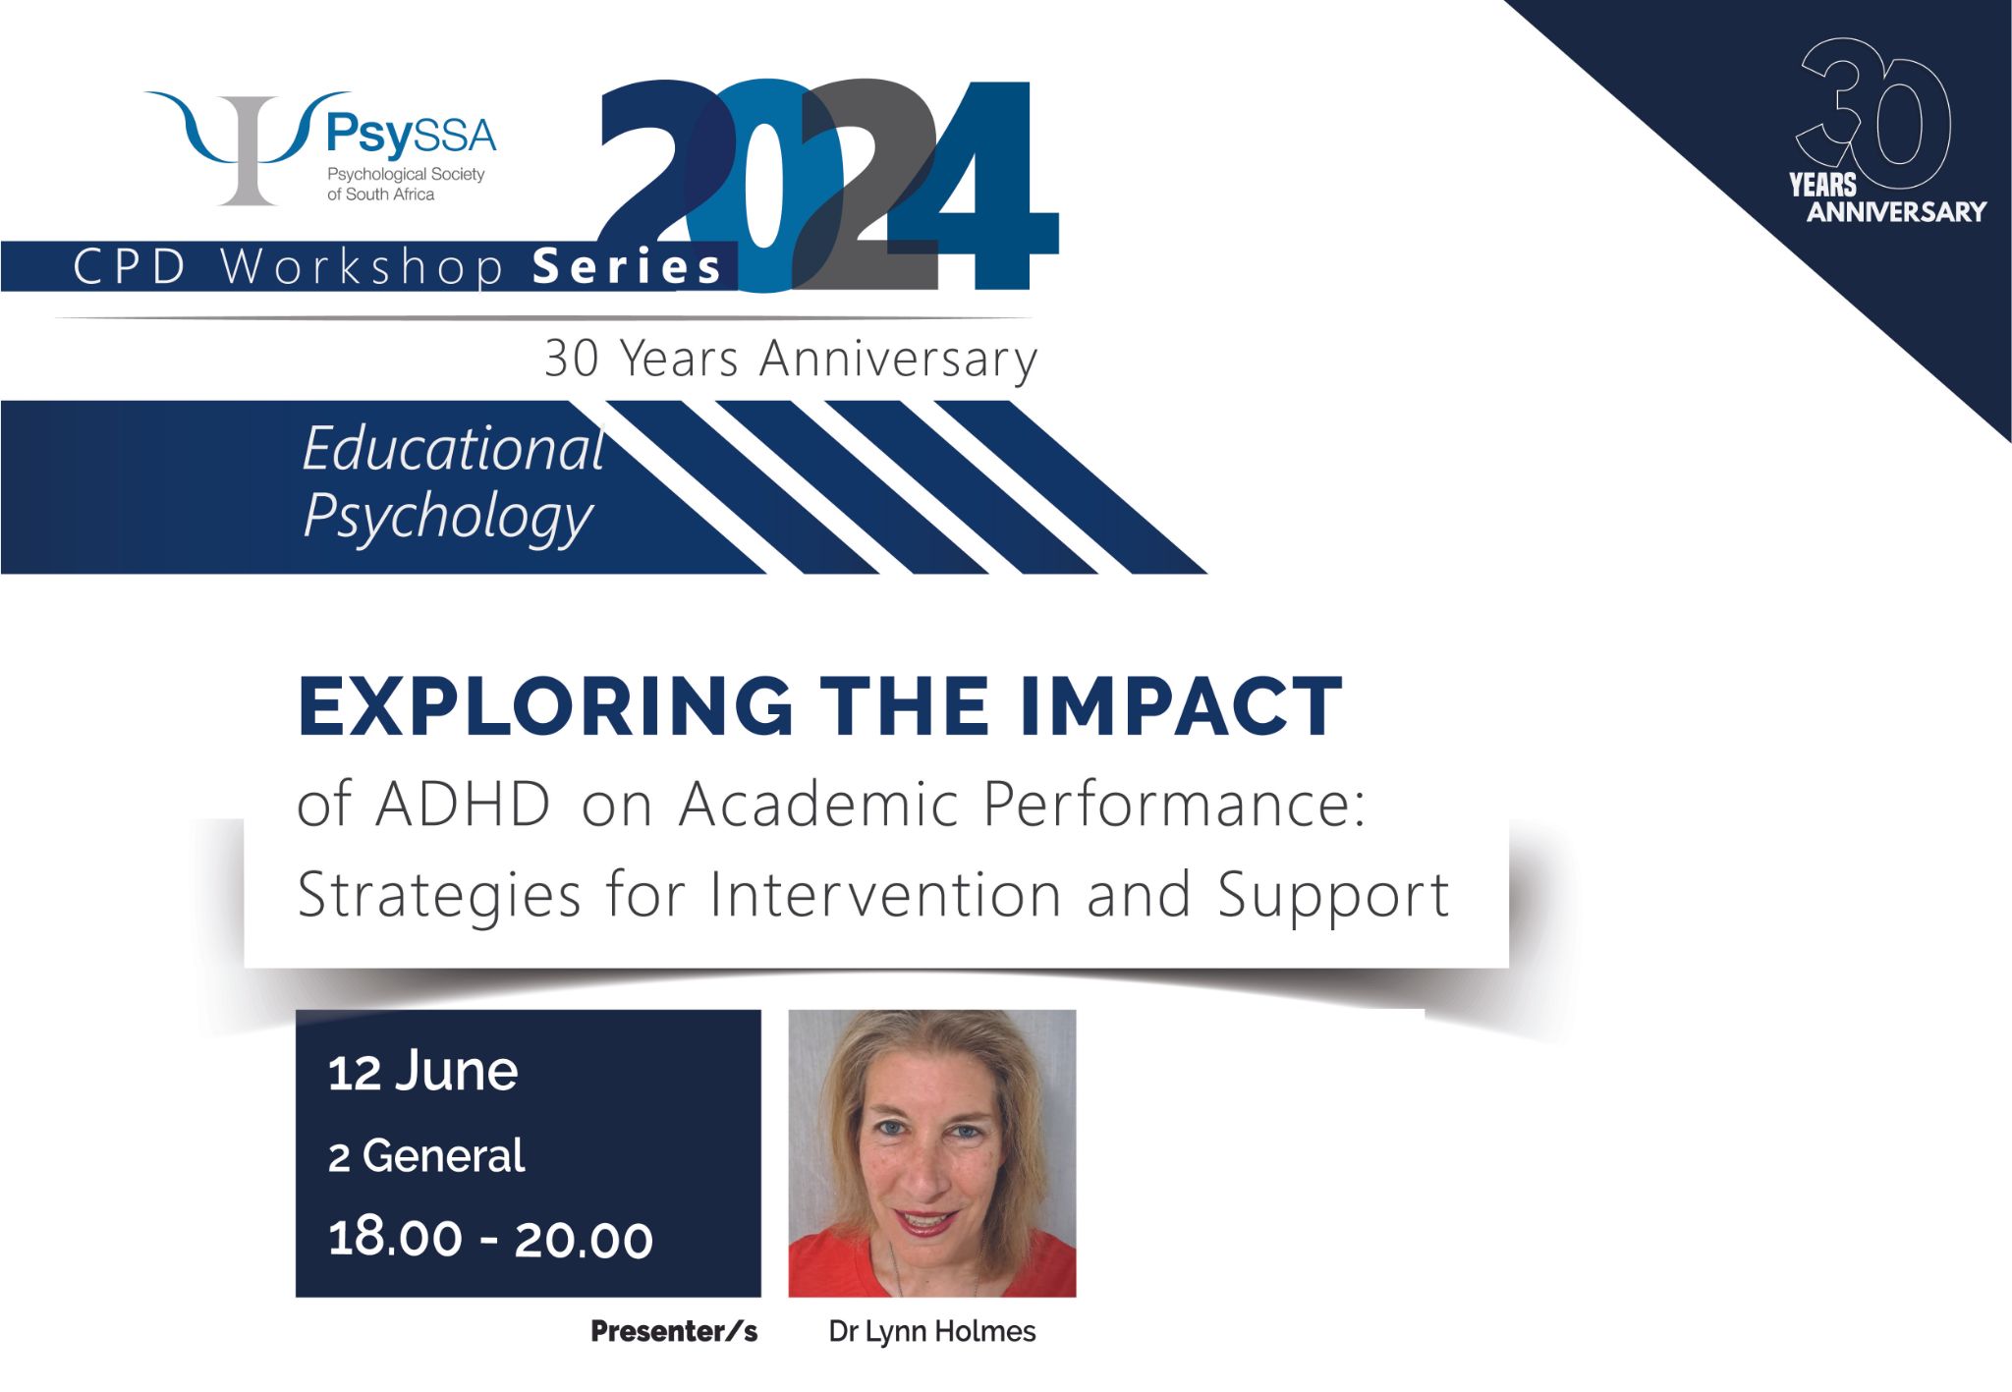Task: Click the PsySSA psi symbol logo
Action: [248, 147]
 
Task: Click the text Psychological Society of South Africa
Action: [406, 184]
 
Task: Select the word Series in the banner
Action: [627, 267]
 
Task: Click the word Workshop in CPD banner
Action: [362, 267]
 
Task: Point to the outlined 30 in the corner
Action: [1873, 113]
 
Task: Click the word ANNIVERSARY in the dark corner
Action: [1896, 212]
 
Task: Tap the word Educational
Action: [453, 449]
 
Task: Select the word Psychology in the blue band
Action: [448, 516]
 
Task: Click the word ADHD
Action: [463, 805]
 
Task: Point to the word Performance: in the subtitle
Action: [1174, 805]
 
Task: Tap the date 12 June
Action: [422, 1071]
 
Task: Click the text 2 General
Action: [426, 1155]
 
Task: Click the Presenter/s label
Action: [674, 1332]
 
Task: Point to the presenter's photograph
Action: [932, 1153]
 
